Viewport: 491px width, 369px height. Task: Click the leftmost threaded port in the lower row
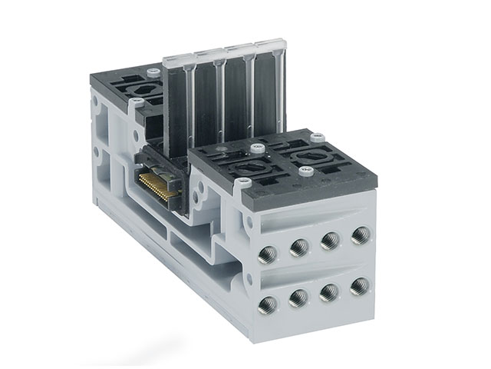tap(269, 303)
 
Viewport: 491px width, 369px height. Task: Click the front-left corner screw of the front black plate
tap(245, 182)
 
